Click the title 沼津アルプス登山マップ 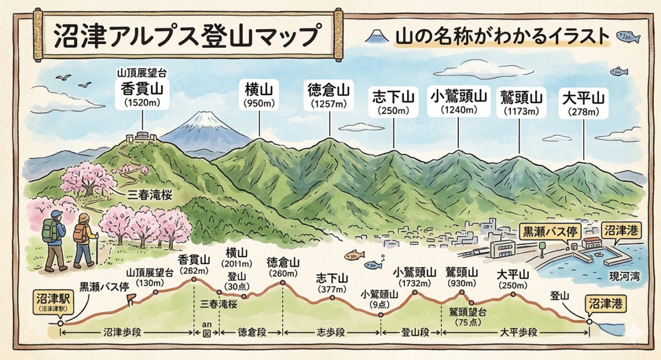[x=186, y=37]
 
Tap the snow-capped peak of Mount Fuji [x=203, y=119]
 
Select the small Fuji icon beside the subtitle [x=378, y=36]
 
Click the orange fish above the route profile [x=354, y=255]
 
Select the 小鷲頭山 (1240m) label [x=458, y=101]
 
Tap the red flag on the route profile [x=131, y=298]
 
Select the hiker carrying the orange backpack [x=84, y=240]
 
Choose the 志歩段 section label [x=332, y=332]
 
